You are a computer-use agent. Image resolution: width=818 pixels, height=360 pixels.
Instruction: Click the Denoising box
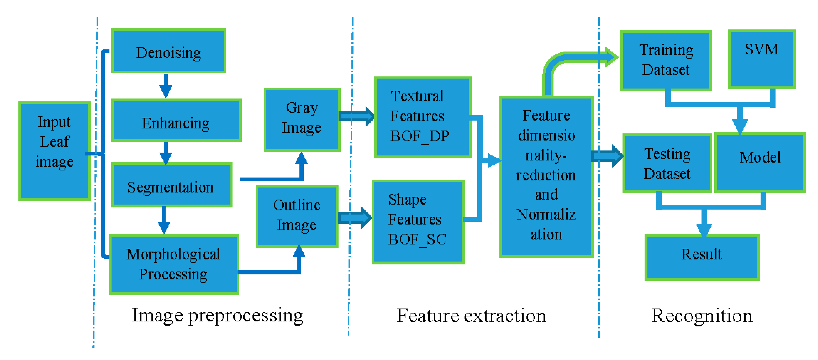168,51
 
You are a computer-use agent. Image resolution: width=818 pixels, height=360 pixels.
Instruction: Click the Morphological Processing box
173,264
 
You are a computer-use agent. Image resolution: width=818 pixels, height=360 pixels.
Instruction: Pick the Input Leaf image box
55,151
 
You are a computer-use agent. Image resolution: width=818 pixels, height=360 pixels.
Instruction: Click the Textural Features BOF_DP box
422,117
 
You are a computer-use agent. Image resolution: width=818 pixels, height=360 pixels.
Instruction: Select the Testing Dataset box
667,163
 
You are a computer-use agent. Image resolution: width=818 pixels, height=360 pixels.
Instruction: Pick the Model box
760,162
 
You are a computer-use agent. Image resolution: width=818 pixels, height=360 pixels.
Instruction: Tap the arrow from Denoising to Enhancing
165,86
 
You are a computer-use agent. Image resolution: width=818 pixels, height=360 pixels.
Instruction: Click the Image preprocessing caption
218,316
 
